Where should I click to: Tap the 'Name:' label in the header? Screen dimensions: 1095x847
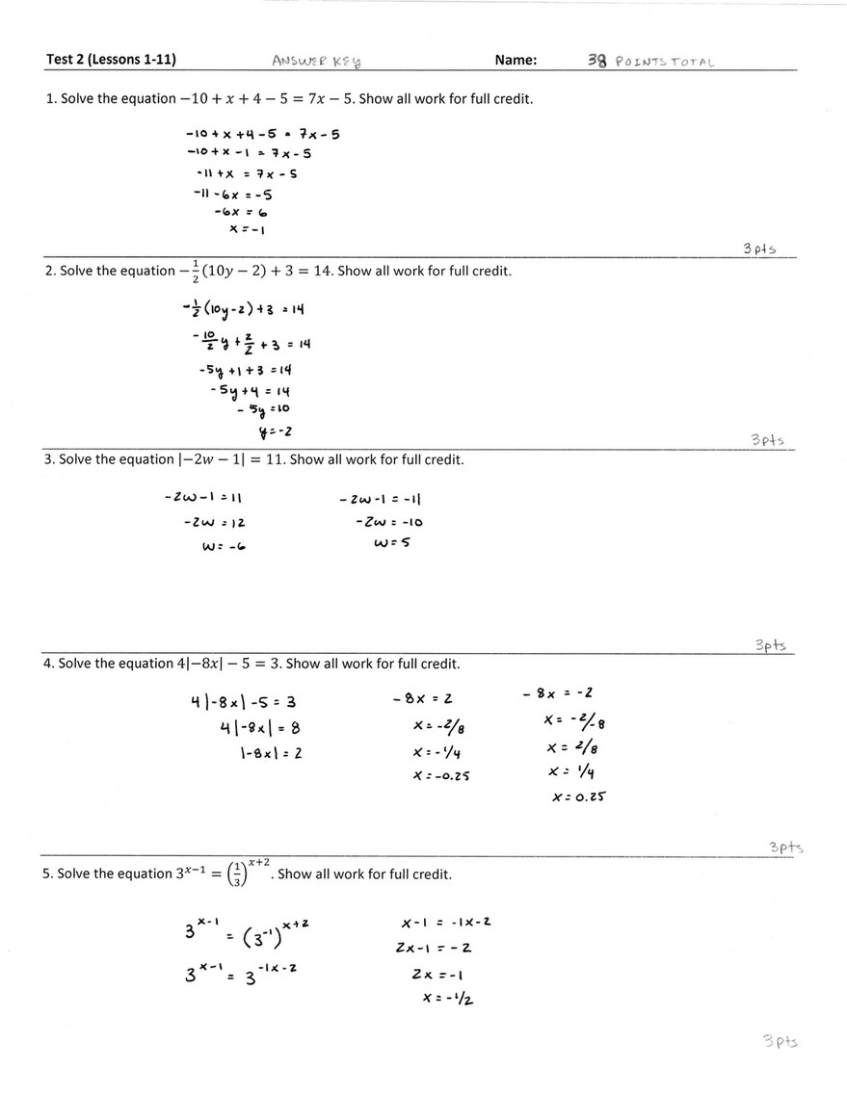[516, 60]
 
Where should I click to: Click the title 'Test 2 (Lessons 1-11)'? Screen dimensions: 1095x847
[111, 60]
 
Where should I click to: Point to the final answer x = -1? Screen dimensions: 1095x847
[248, 229]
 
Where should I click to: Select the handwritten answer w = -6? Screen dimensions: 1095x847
[221, 546]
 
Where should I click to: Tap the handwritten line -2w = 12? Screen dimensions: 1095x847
[215, 522]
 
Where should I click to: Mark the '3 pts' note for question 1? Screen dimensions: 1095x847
[760, 248]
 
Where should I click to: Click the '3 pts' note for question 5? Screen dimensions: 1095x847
[780, 1041]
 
